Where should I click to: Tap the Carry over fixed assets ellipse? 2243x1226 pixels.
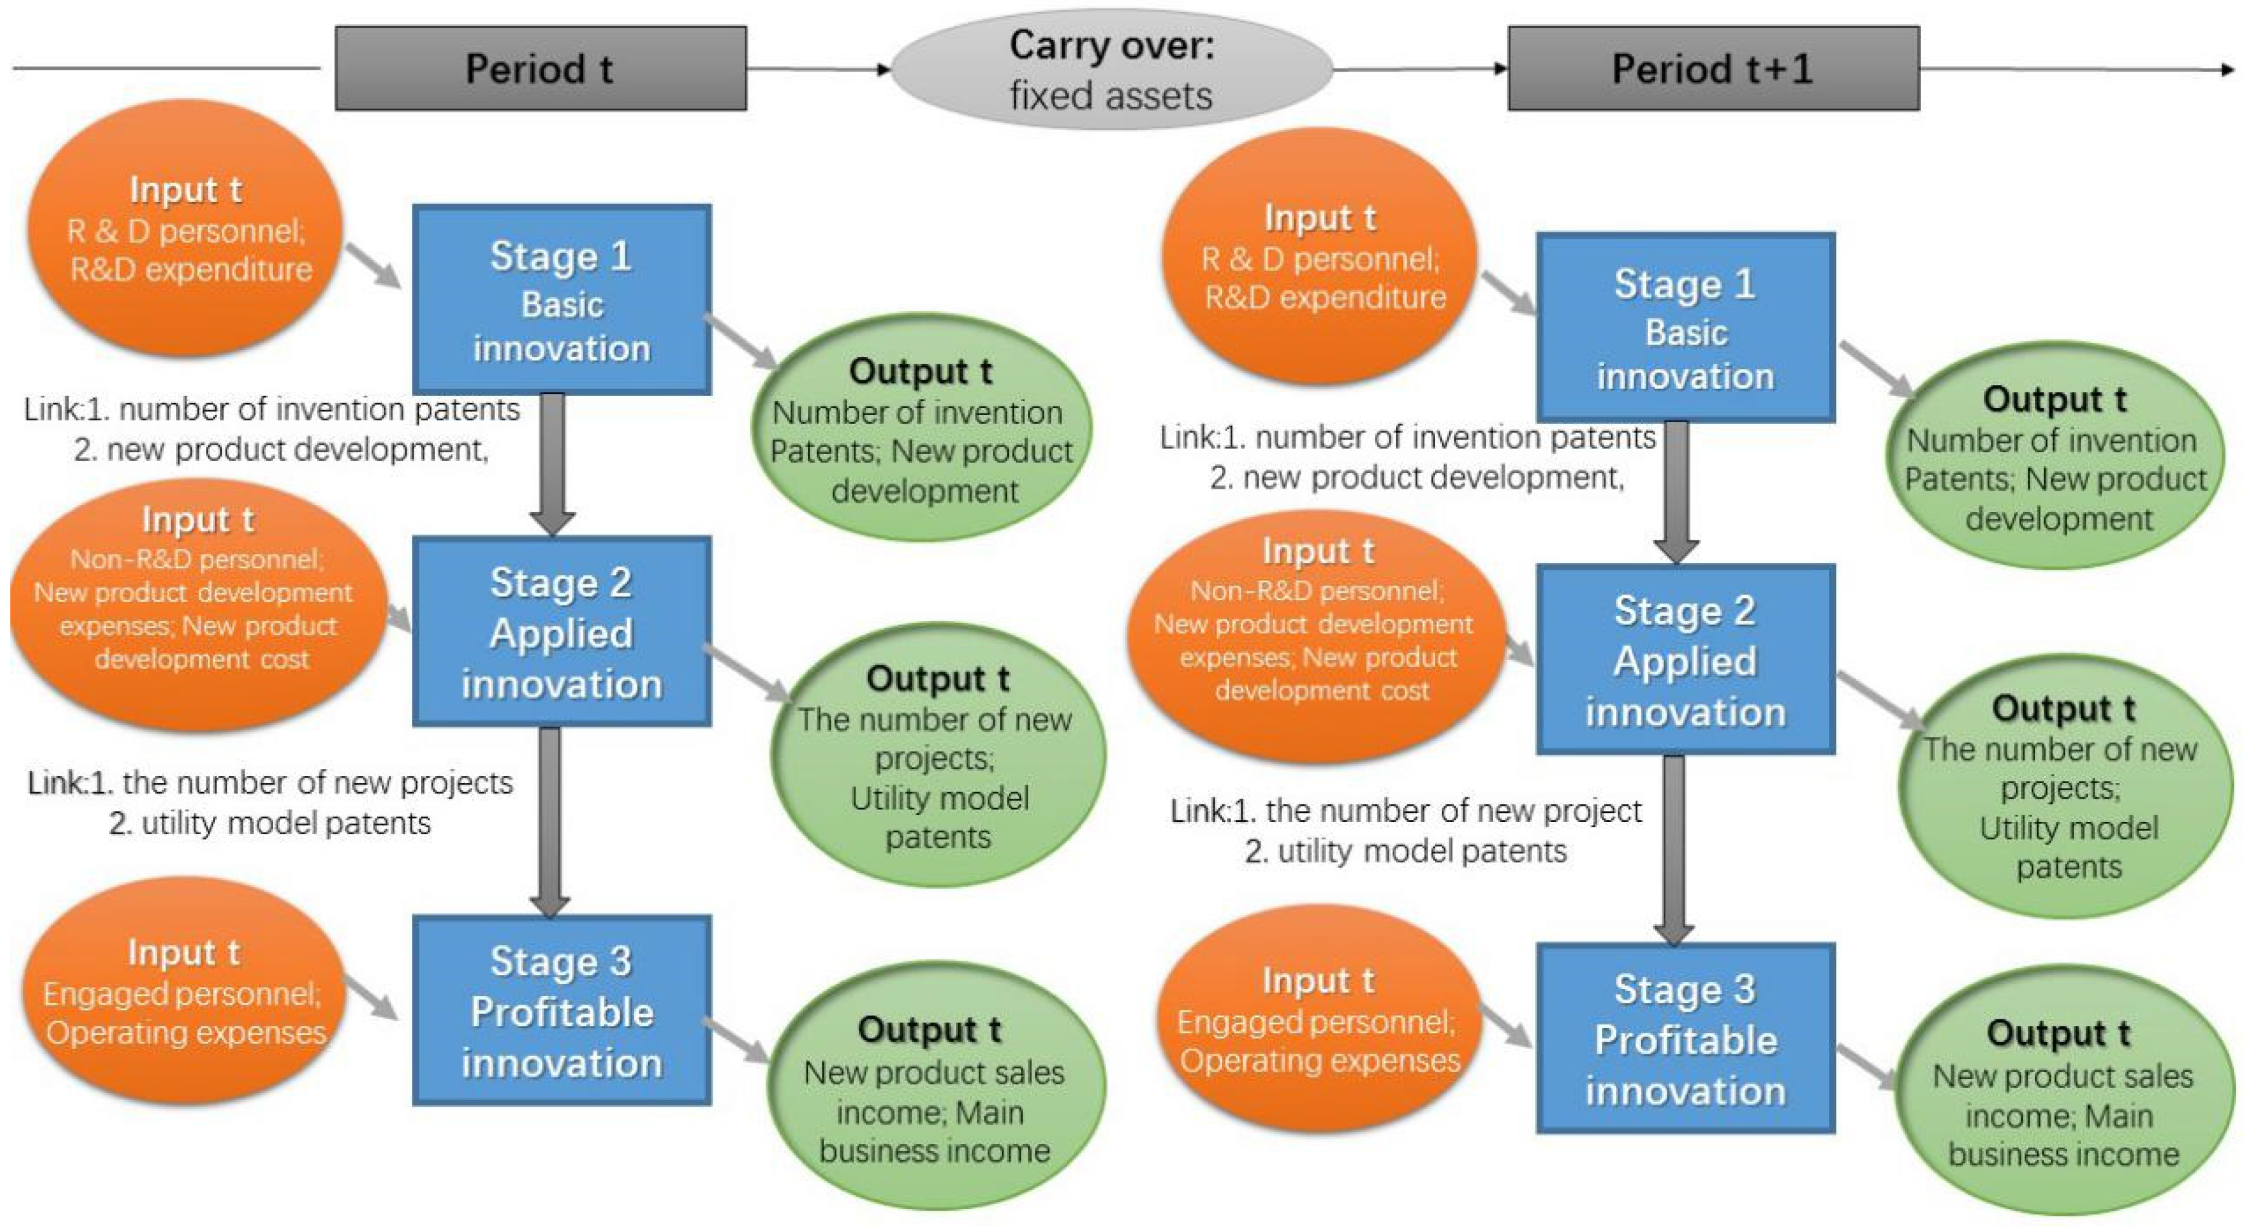(x=1110, y=70)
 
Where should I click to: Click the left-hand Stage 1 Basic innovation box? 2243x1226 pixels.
(x=562, y=300)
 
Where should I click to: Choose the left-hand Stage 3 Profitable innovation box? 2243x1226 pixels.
(x=562, y=1010)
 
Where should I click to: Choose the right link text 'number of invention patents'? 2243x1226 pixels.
(x=1454, y=437)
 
